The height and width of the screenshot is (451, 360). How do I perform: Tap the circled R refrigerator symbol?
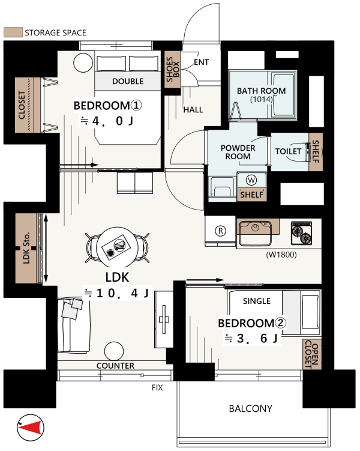point(220,231)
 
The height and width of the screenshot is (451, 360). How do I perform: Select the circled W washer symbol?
point(251,180)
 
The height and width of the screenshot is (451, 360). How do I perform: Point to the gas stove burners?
point(301,233)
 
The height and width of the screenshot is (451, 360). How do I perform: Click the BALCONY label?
point(251,409)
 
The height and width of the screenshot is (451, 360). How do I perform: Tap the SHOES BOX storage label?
point(173,69)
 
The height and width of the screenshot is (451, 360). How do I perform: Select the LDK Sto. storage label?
point(26,248)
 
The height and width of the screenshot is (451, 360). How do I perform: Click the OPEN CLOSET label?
point(312,354)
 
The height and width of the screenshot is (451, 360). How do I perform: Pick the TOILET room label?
point(288,151)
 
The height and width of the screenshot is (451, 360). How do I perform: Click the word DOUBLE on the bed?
point(128,82)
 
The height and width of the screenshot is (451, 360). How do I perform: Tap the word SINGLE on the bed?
point(257,301)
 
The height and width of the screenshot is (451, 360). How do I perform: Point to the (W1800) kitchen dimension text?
point(281,255)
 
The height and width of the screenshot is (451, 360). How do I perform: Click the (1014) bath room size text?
point(261,100)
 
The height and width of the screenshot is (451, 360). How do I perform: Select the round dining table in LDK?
point(116,247)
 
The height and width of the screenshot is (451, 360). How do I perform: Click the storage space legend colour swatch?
point(13,32)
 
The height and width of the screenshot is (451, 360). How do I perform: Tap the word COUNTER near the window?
point(115,366)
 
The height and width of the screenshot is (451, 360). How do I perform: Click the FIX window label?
point(157,388)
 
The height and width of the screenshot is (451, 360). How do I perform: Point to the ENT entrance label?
point(201,62)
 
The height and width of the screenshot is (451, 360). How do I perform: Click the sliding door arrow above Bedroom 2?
point(205,280)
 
